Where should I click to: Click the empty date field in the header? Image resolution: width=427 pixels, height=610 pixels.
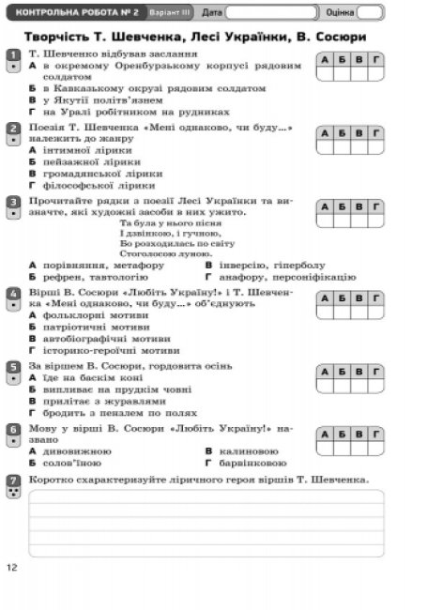pyautogui.click(x=271, y=12)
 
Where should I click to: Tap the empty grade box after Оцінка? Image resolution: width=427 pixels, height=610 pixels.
pyautogui.click(x=370, y=12)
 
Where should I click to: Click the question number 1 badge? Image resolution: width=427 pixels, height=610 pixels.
pyautogui.click(x=14, y=61)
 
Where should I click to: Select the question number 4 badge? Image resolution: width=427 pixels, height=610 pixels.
pyautogui.click(x=14, y=298)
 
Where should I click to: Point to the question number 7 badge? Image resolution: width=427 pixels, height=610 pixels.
pyautogui.click(x=14, y=486)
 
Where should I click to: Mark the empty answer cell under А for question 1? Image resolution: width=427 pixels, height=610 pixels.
pyautogui.click(x=325, y=73)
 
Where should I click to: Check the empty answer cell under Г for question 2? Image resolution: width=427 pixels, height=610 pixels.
pyautogui.click(x=375, y=147)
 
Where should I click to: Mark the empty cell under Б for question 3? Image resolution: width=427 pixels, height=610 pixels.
pyautogui.click(x=342, y=221)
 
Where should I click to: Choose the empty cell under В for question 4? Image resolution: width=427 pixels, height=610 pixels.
pyautogui.click(x=358, y=313)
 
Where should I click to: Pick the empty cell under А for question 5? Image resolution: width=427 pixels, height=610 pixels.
pyautogui.click(x=325, y=386)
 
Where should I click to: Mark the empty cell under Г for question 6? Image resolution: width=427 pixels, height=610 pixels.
pyautogui.click(x=375, y=449)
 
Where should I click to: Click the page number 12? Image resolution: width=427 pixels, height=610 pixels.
pyautogui.click(x=12, y=567)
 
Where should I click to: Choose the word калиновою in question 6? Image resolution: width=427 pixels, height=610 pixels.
pyautogui.click(x=249, y=451)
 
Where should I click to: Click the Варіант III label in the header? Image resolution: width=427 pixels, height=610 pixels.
pyautogui.click(x=170, y=12)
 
